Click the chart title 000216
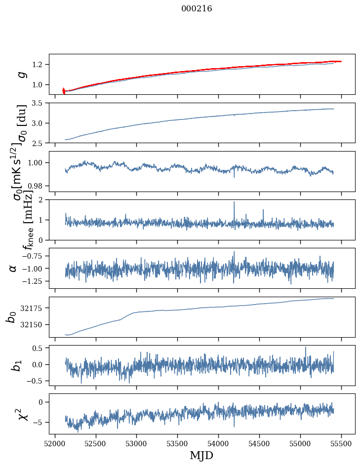197,9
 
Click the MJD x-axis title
201,455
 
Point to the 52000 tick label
55,444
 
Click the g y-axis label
21,74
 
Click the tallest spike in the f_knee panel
234,202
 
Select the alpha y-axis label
13,268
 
